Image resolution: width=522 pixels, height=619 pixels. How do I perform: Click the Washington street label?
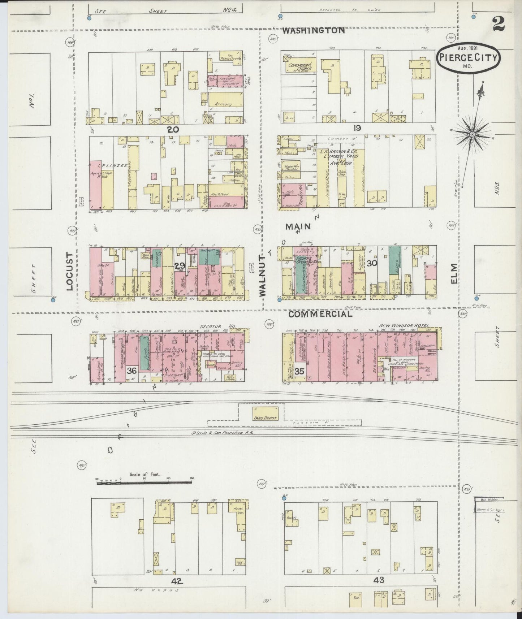(313, 30)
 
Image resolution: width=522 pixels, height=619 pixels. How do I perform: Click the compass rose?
(472, 134)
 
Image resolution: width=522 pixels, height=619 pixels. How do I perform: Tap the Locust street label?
(70, 271)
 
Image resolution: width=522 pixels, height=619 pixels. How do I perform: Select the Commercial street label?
(320, 314)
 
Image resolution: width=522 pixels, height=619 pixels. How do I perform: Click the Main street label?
(298, 226)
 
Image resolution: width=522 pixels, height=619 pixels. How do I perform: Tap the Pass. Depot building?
(265, 413)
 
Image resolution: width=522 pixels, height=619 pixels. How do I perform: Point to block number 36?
(132, 371)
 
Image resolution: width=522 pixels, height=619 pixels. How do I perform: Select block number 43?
(379, 580)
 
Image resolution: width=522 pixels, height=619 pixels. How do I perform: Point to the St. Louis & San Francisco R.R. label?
(223, 433)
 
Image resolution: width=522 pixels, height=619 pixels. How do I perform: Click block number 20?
(172, 129)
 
